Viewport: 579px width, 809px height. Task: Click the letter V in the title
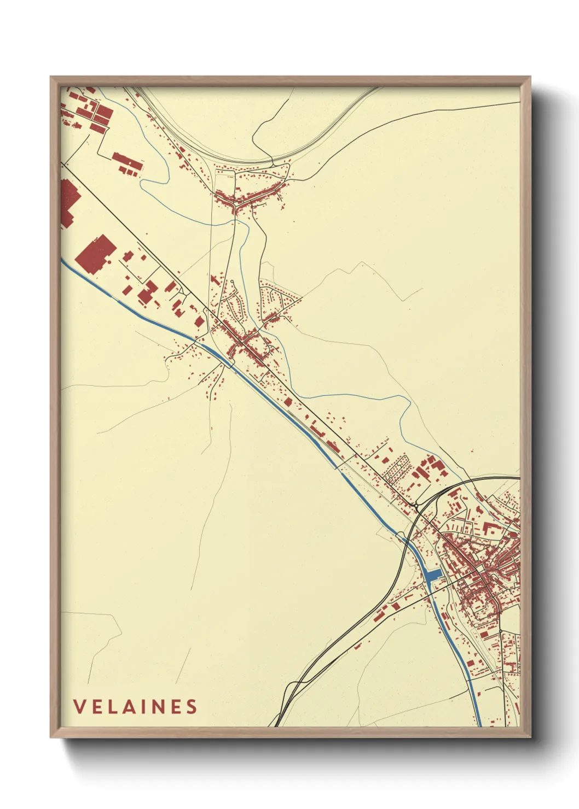click(79, 706)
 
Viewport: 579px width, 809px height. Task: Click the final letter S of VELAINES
click(192, 706)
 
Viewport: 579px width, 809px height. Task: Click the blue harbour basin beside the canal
click(433, 575)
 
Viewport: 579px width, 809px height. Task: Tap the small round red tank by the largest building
click(109, 262)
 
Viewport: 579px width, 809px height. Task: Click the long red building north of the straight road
click(127, 162)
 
